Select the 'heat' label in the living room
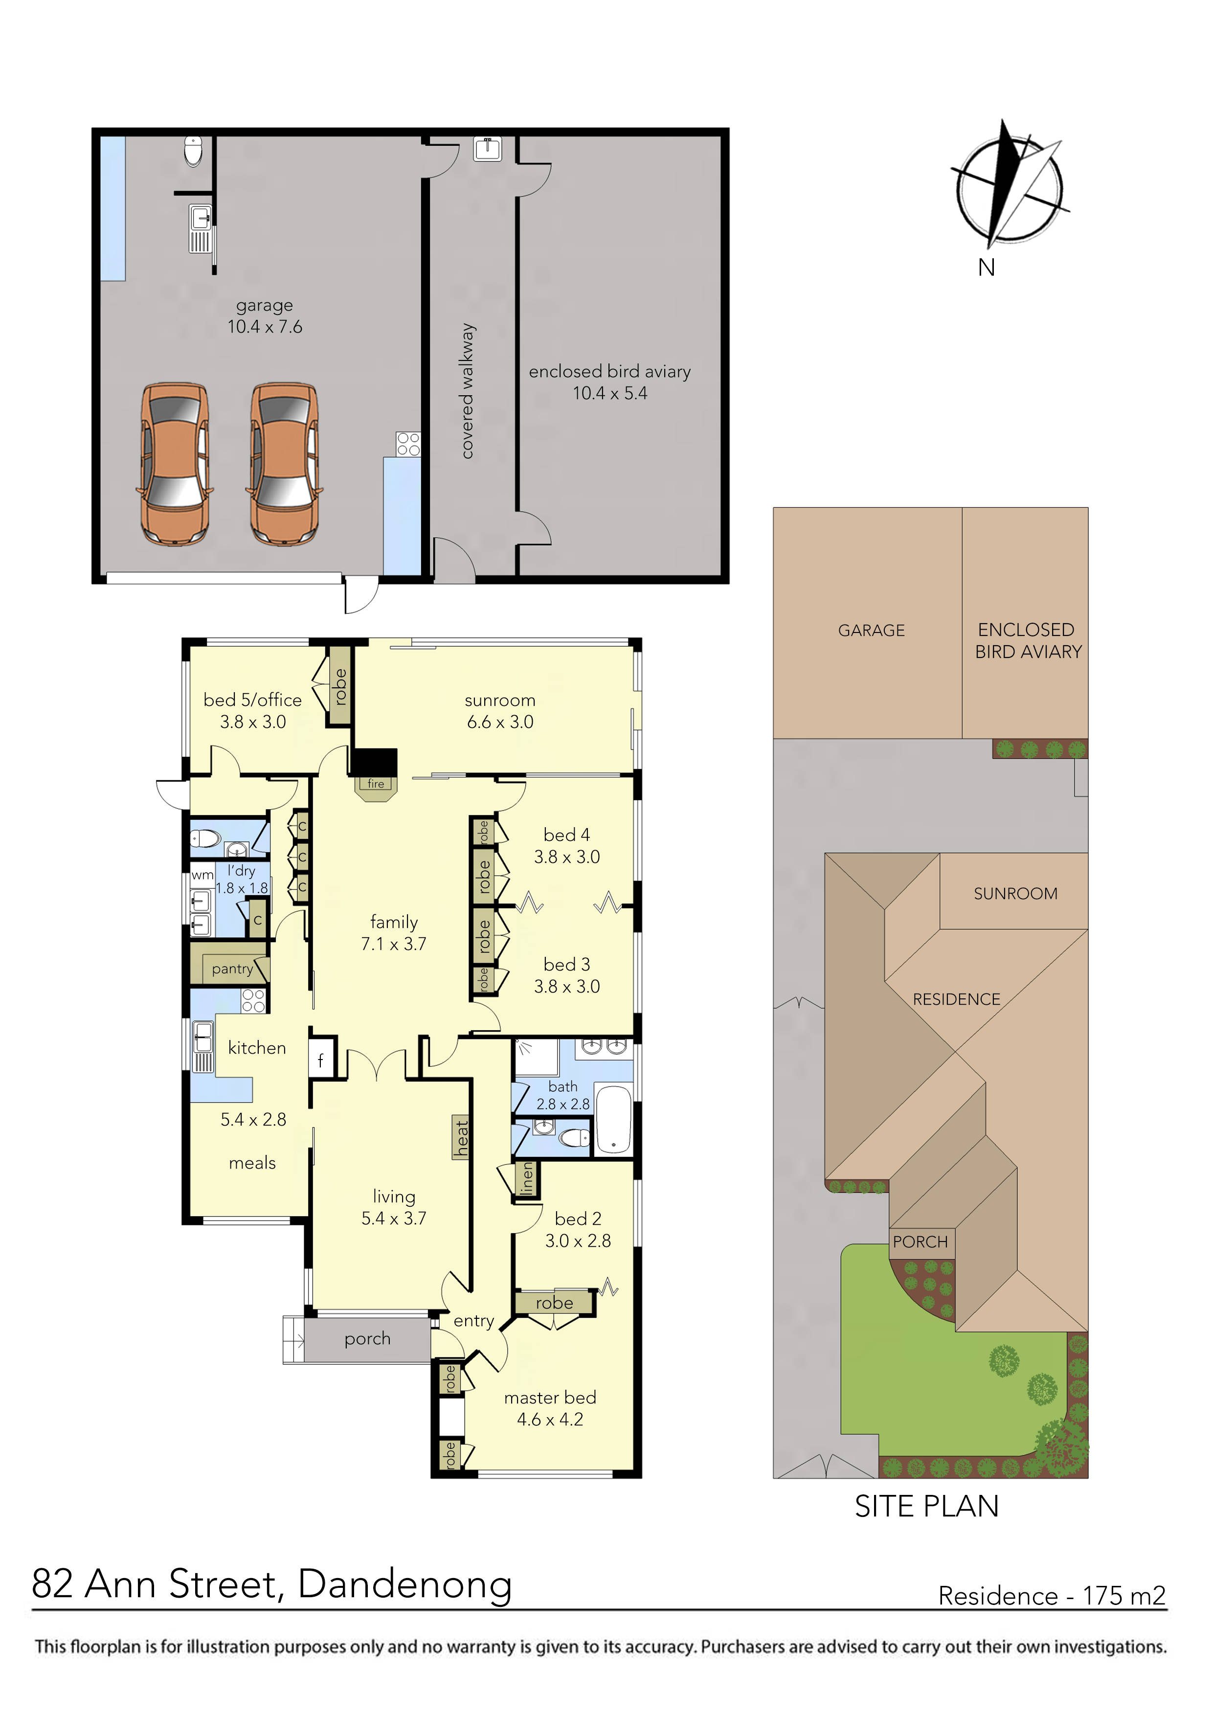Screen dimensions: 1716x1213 [462, 1137]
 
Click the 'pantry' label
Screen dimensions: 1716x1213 [232, 969]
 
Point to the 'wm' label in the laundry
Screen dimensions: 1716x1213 [202, 875]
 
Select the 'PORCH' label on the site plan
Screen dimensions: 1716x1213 [920, 1242]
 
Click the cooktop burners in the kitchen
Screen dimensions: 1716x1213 [253, 1000]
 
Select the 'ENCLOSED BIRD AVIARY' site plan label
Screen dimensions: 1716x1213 [1028, 640]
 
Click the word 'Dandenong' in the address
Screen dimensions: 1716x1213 [404, 1583]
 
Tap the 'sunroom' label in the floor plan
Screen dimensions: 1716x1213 [499, 700]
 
